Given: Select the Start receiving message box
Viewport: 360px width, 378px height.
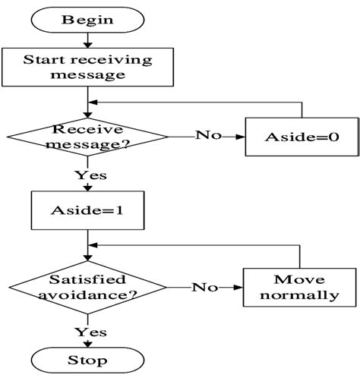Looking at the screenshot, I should tap(88, 68).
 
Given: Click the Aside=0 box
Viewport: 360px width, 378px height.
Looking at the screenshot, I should tap(301, 137).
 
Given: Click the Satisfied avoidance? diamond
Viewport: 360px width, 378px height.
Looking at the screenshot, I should tap(88, 288).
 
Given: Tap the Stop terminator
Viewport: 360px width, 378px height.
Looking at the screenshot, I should tap(88, 359).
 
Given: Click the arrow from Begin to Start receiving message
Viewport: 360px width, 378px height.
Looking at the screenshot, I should tap(88, 40).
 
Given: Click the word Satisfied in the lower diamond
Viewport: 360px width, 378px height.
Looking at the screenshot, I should tap(88, 279).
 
